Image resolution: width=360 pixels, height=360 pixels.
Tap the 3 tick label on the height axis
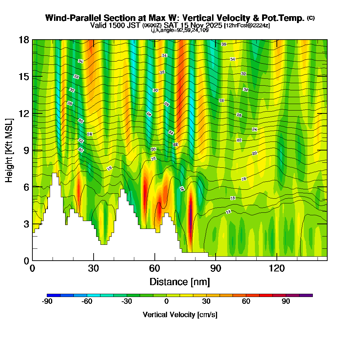(x=26, y=224)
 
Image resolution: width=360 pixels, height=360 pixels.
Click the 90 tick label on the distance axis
(x=215, y=268)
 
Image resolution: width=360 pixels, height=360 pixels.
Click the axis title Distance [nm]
(x=180, y=282)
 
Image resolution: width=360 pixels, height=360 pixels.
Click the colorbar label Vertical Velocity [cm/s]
(x=180, y=315)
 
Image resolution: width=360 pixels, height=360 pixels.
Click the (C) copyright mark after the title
(x=311, y=18)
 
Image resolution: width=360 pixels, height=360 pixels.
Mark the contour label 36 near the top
(x=224, y=44)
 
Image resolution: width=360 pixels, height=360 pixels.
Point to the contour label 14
(x=228, y=212)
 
